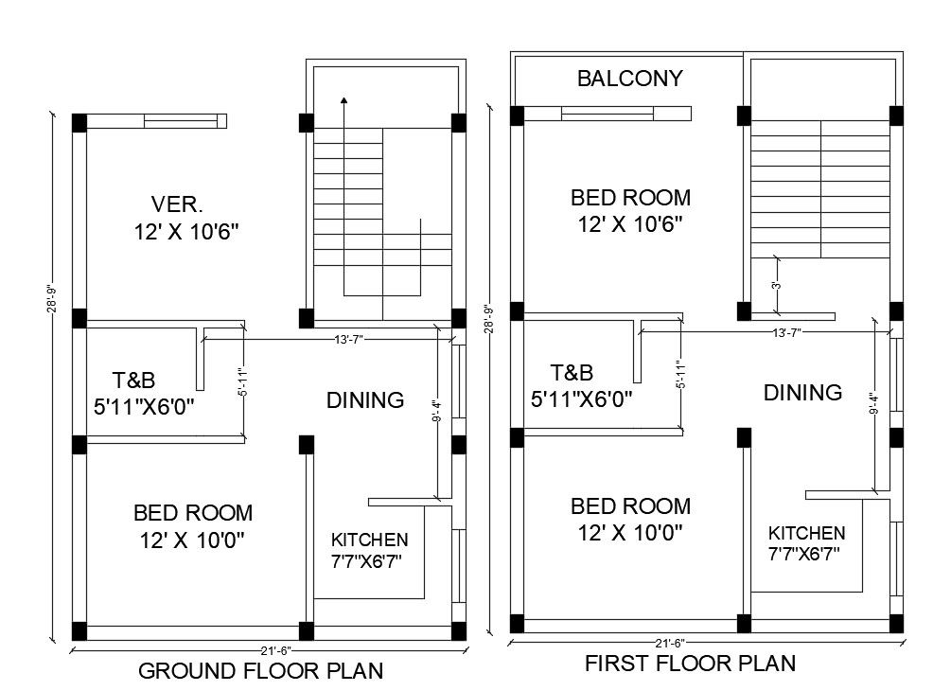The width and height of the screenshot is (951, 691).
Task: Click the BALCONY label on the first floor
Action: [629, 79]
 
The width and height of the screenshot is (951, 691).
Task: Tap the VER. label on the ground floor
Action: [178, 204]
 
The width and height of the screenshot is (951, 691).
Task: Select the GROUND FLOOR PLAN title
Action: [261, 671]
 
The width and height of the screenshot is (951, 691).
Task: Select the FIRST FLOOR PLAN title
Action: [690, 663]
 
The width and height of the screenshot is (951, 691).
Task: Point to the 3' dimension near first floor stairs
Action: [776, 285]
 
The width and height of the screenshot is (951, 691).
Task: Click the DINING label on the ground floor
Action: [365, 400]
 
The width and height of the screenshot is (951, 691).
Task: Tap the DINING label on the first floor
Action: [802, 393]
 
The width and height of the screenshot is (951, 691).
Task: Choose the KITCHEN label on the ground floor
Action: [369, 540]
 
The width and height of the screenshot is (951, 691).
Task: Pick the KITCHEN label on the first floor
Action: [806, 533]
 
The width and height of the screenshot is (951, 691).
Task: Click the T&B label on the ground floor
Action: [133, 381]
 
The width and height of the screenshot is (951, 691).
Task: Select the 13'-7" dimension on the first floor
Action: [787, 332]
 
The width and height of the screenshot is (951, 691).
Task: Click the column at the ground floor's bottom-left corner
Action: [79, 630]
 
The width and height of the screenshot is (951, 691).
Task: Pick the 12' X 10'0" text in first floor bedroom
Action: [629, 533]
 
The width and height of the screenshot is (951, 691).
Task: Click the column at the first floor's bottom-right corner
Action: [895, 623]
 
